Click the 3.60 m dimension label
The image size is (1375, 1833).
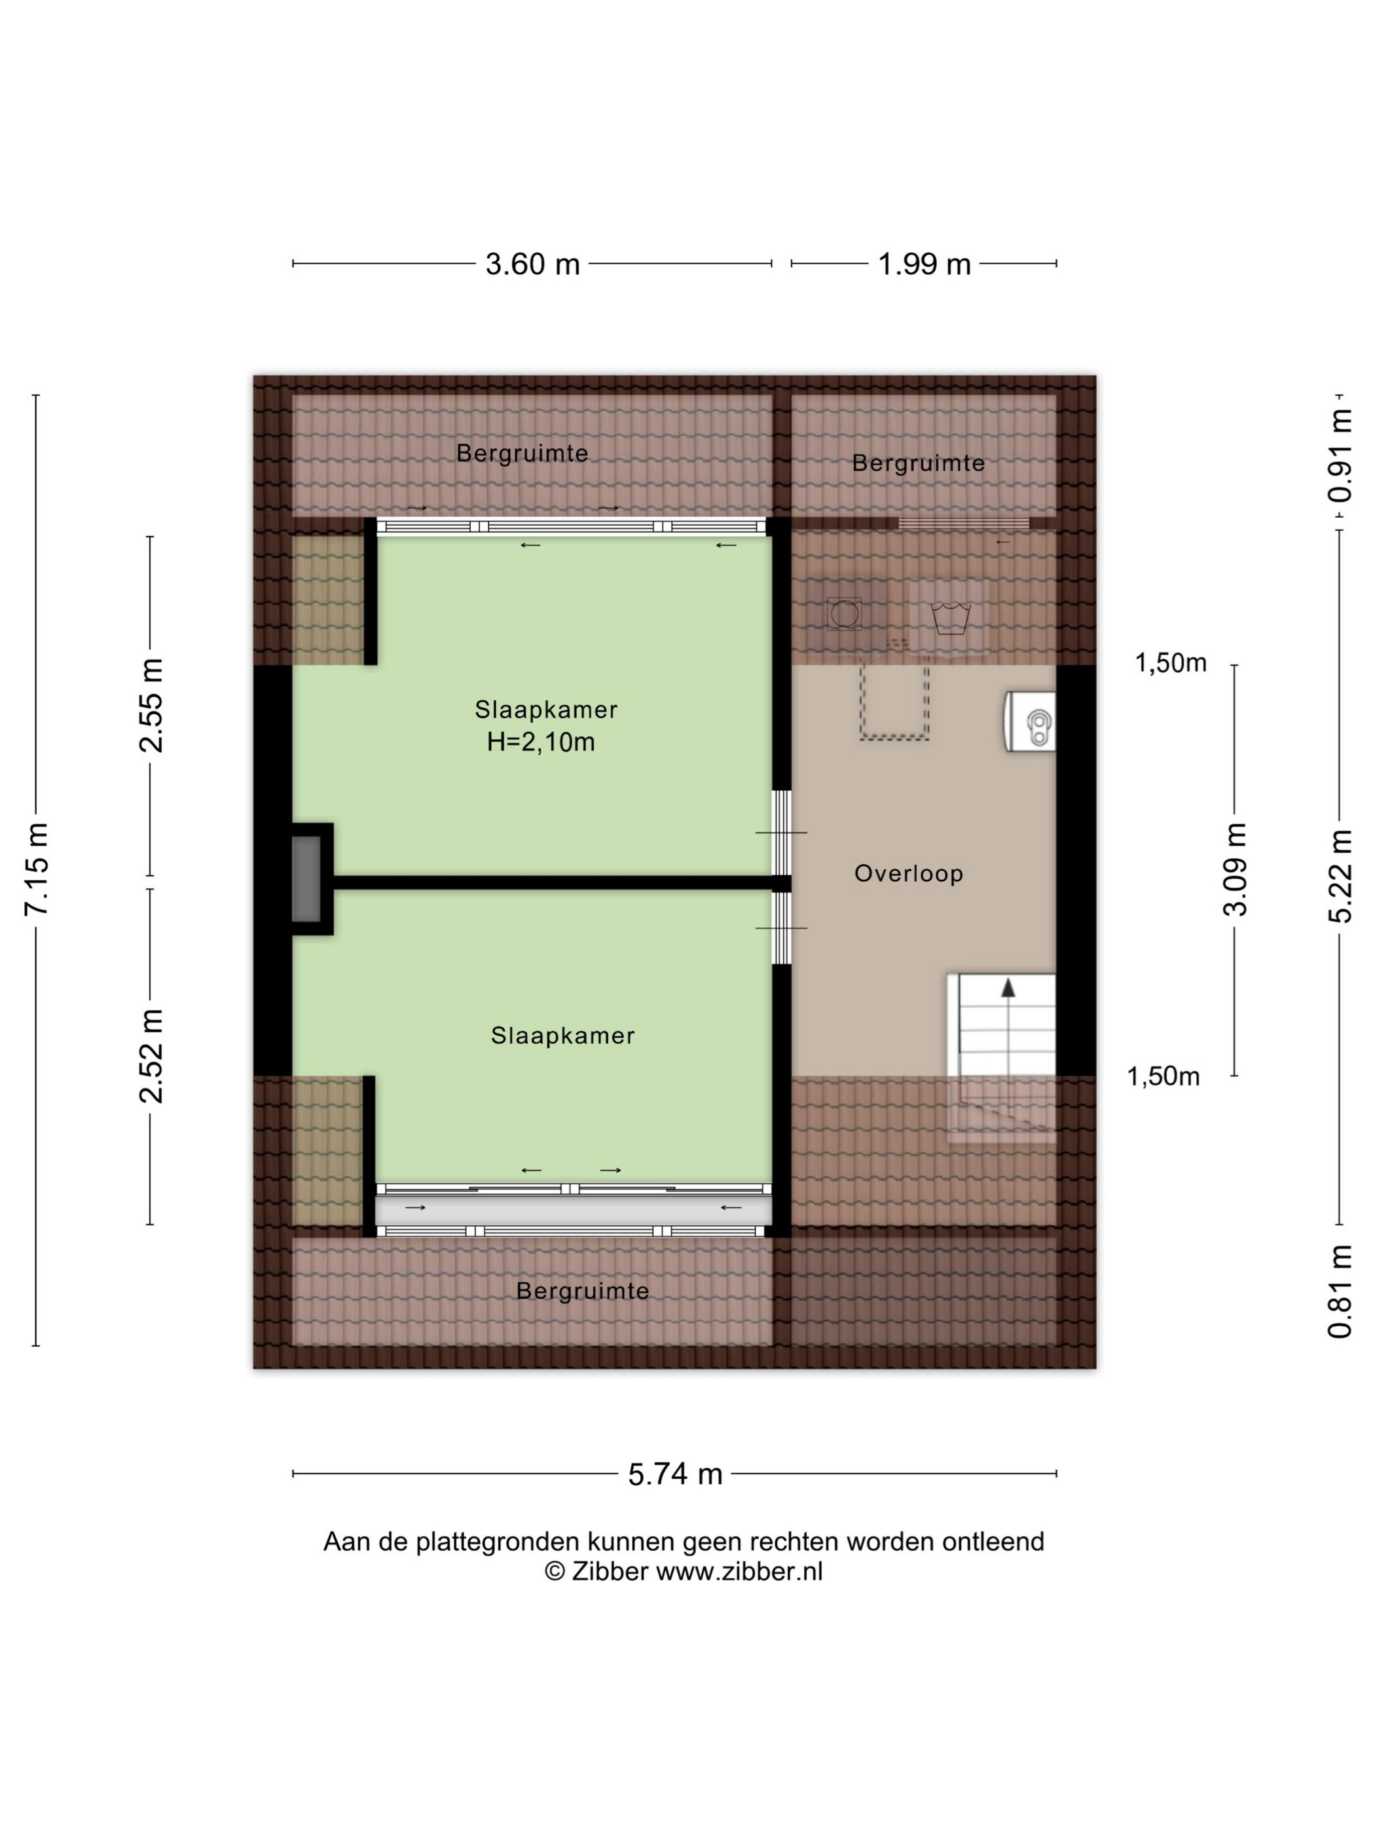coord(532,264)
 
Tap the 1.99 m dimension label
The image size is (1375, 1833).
coord(924,264)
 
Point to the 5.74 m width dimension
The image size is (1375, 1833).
coord(676,1474)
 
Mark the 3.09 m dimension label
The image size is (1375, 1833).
coord(1235,869)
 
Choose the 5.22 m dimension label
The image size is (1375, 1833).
coord(1340,877)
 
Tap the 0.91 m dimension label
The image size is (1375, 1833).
coord(1340,456)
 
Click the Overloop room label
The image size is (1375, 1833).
coord(908,873)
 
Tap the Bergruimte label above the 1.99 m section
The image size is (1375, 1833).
coord(919,463)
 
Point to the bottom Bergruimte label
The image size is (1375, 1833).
coord(583,1290)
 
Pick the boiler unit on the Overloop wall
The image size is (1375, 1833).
coord(1030,722)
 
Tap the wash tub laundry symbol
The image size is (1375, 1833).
coord(950,618)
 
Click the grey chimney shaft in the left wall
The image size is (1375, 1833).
coord(306,879)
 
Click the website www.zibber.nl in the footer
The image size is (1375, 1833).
coord(739,1571)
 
